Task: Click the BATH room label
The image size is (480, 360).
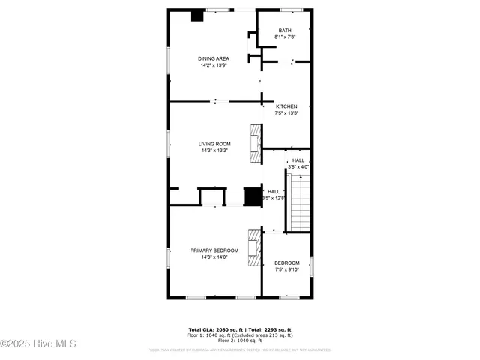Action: coord(285,31)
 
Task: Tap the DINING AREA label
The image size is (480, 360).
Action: coord(213,58)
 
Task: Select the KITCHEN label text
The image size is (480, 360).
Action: coord(286,106)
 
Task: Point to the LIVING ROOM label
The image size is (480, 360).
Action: coord(214,144)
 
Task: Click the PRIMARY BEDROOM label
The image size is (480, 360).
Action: coord(214,250)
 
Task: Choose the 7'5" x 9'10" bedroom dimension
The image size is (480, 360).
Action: coord(286,269)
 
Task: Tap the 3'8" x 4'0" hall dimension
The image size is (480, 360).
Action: coord(298,166)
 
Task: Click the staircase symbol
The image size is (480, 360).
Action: coord(298,202)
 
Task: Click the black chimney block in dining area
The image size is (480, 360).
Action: coord(197,15)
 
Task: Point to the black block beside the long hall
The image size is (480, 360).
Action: coord(252,196)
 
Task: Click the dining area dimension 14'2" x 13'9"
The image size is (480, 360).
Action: coord(213,65)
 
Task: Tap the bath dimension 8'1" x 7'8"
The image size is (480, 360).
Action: coord(285,37)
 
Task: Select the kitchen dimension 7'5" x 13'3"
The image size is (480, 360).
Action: coord(286,113)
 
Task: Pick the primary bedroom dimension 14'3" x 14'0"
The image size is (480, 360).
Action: coord(214,257)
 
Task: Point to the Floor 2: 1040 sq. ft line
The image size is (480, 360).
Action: coord(240,340)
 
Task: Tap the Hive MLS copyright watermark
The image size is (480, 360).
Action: coord(38,344)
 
